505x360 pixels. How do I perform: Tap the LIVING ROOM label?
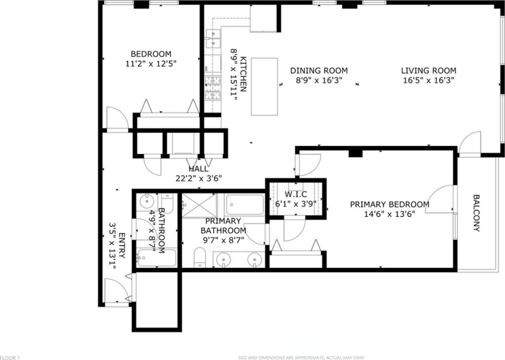(429, 70)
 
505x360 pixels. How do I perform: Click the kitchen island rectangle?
(264, 86)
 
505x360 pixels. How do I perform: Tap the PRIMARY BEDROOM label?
(390, 204)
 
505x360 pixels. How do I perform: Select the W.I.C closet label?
(296, 194)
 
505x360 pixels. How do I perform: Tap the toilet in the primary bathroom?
(200, 258)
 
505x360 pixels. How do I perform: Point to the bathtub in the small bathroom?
(156, 259)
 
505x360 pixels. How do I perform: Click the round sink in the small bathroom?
(146, 201)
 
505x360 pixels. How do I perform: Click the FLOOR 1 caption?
(10, 358)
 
